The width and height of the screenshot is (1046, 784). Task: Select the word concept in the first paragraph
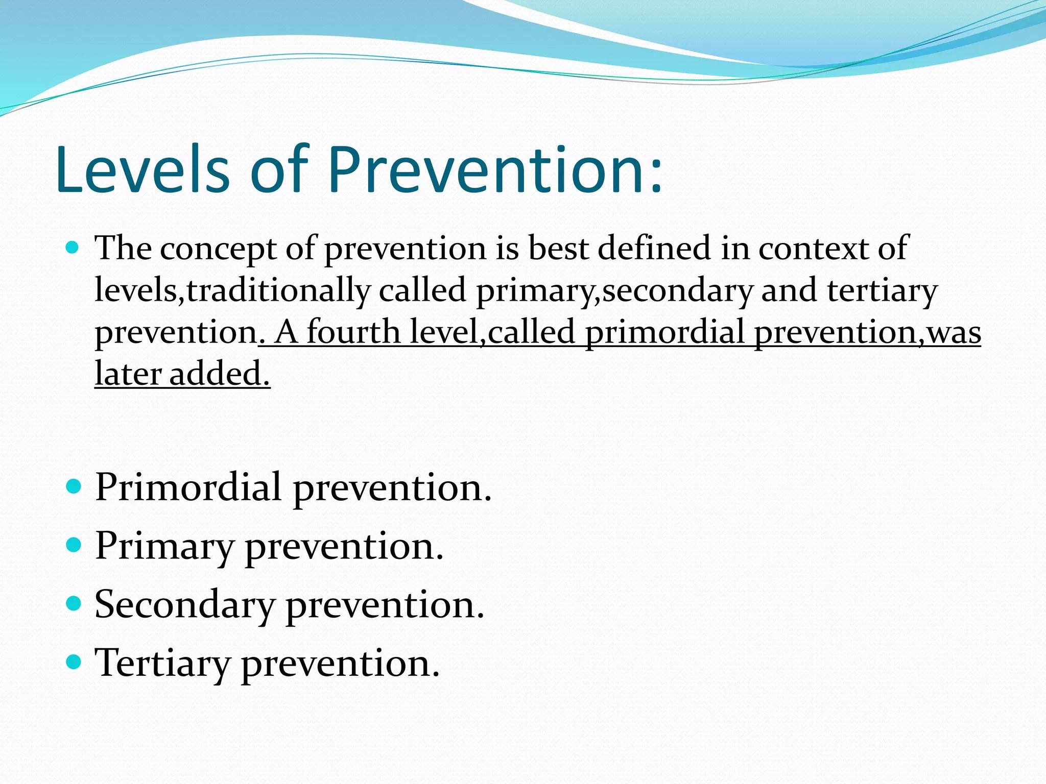click(x=218, y=249)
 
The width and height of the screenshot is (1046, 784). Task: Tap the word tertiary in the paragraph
click(x=882, y=291)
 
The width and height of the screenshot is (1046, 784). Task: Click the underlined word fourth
click(x=354, y=332)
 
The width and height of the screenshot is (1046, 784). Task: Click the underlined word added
click(x=216, y=374)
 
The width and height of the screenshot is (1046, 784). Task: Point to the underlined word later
click(x=128, y=374)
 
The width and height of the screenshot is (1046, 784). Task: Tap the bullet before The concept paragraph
click(x=74, y=249)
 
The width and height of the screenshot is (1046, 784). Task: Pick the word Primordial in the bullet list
click(x=188, y=487)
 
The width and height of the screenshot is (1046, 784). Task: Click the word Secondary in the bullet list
click(x=185, y=604)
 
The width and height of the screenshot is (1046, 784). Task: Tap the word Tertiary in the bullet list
click(x=163, y=664)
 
